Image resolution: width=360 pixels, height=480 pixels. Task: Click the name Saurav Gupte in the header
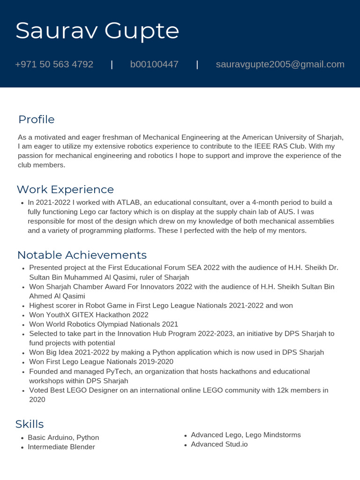pos(97,31)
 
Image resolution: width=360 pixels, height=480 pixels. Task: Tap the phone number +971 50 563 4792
pos(54,64)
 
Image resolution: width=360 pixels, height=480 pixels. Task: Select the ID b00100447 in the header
pos(154,64)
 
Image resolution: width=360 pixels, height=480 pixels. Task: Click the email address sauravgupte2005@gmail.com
pos(280,64)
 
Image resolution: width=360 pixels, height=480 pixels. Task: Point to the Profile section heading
pos(36,120)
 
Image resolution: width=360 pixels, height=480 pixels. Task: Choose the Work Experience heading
pos(65,189)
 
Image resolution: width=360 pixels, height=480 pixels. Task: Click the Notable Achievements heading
pos(82,255)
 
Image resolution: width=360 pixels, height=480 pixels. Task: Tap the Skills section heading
pos(30,424)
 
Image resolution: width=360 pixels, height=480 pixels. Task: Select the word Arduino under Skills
pos(60,438)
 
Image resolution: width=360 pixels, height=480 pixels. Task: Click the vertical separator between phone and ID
pos(112,64)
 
